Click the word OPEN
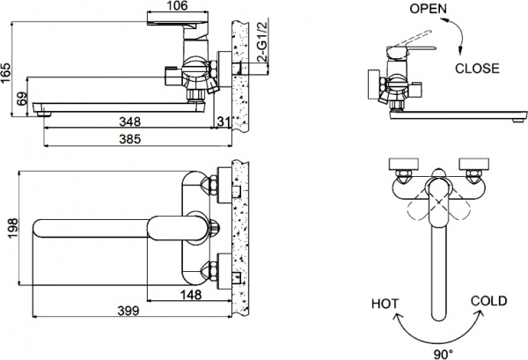click(429, 9)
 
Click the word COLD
click(488, 301)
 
